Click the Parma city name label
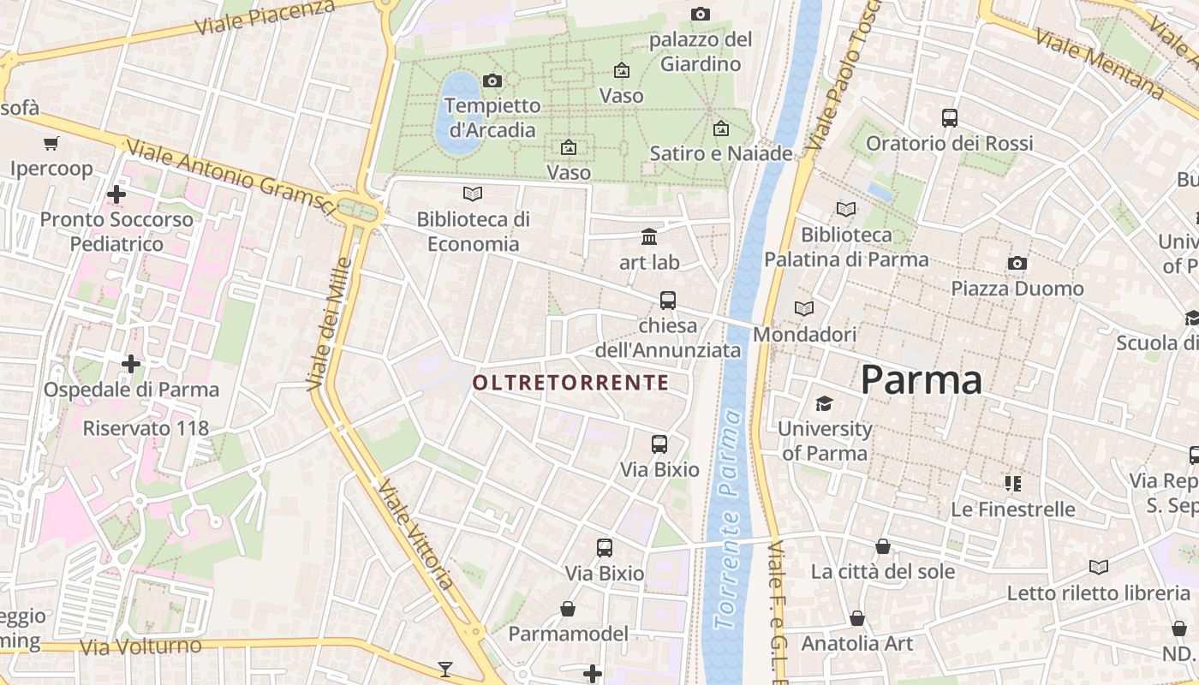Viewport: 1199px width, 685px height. [921, 379]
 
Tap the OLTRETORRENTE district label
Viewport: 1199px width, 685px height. [571, 382]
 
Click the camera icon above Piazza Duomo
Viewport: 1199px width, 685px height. [1017, 263]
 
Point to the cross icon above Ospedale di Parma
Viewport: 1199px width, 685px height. [131, 365]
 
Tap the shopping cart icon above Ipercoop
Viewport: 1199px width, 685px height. [51, 143]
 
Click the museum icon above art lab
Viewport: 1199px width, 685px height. [649, 237]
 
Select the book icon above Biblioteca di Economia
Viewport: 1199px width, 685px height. [472, 194]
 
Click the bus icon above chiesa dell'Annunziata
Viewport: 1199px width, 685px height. [668, 301]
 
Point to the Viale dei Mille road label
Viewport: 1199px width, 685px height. [329, 325]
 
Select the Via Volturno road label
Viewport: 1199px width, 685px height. [140, 646]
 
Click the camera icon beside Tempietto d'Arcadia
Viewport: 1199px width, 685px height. [492, 80]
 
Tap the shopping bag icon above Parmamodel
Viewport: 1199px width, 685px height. [568, 609]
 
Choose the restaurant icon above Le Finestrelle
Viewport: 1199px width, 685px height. [1014, 484]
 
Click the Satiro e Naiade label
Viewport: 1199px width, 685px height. [721, 154]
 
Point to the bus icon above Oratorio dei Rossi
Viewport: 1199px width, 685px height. [949, 118]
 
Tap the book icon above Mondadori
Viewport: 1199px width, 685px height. [804, 308]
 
